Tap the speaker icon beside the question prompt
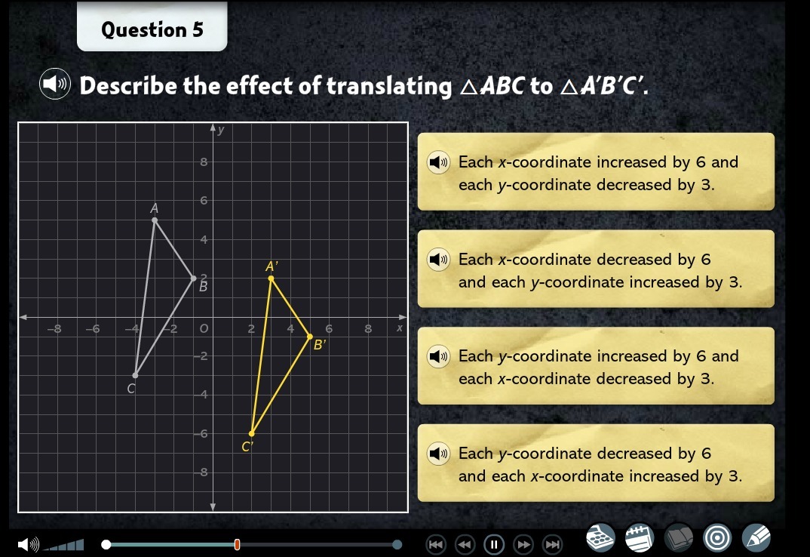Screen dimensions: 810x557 pyautogui.click(x=55, y=83)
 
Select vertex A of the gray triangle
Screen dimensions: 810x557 pyautogui.click(x=155, y=220)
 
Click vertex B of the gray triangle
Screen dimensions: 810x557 pyautogui.click(x=194, y=278)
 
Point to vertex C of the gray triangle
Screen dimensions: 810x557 pyautogui.click(x=135, y=375)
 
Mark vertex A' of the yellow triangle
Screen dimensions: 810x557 pyautogui.click(x=271, y=278)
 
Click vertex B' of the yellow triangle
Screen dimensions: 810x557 pyautogui.click(x=310, y=337)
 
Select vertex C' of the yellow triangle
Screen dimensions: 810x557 pyautogui.click(x=252, y=433)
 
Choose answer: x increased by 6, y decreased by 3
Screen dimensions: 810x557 pyautogui.click(x=596, y=171)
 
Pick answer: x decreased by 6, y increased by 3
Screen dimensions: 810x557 pyautogui.click(x=596, y=269)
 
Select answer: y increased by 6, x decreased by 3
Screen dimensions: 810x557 pyautogui.click(x=596, y=365)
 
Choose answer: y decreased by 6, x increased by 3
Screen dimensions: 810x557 pyautogui.click(x=596, y=463)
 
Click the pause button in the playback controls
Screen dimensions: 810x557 pyautogui.click(x=494, y=544)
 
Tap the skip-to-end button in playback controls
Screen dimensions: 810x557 pyautogui.click(x=553, y=544)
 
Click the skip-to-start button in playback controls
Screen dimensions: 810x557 pyautogui.click(x=435, y=544)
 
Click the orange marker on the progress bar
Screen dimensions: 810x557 pyautogui.click(x=237, y=544)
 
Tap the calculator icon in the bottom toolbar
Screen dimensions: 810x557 pyautogui.click(x=600, y=537)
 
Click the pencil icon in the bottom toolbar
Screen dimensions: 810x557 pyautogui.click(x=756, y=537)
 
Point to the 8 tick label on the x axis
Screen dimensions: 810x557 pyautogui.click(x=368, y=328)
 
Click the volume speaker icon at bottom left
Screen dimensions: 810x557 pyautogui.click(x=29, y=544)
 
